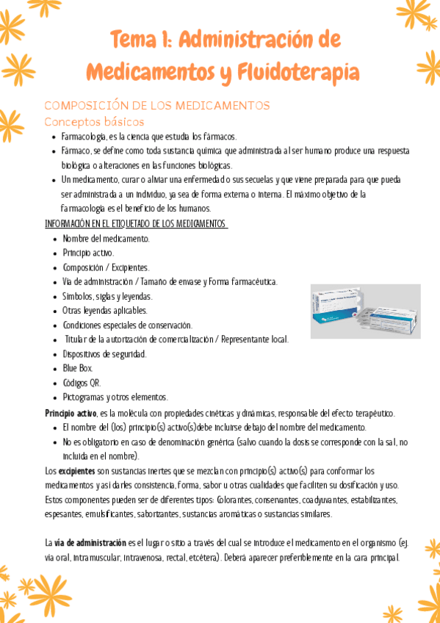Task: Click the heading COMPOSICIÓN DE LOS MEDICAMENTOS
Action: point(157,106)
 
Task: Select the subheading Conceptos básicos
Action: point(94,121)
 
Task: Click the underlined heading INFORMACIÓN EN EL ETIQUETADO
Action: point(136,223)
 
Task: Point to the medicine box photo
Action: point(365,311)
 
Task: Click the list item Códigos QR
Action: point(82,382)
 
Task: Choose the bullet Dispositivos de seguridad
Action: point(104,353)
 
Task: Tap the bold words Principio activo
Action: point(71,413)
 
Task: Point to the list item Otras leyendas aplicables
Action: point(105,310)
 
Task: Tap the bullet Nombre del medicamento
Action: point(106,238)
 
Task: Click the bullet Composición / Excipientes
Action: point(106,267)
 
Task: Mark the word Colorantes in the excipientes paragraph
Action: point(251,500)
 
